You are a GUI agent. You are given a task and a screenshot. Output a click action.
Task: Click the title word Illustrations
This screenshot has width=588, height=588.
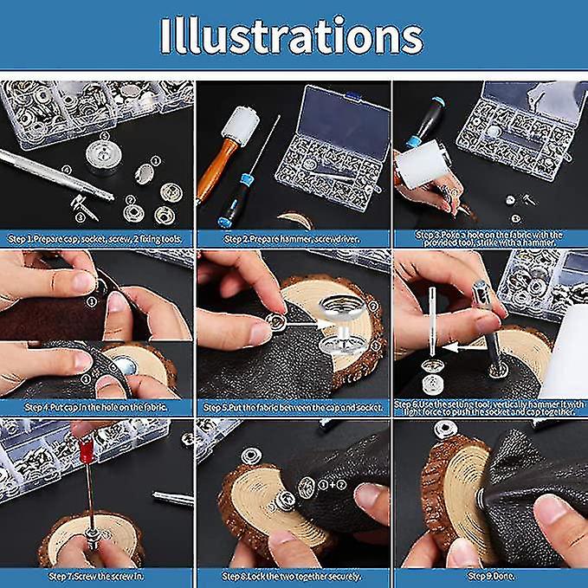(292, 36)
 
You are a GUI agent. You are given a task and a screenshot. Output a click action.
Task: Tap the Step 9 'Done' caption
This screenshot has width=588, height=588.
(490, 575)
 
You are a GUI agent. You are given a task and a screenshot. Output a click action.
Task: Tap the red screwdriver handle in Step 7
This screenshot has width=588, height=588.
(86, 451)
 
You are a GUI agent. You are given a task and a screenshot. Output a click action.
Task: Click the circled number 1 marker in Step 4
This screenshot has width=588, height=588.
(90, 302)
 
